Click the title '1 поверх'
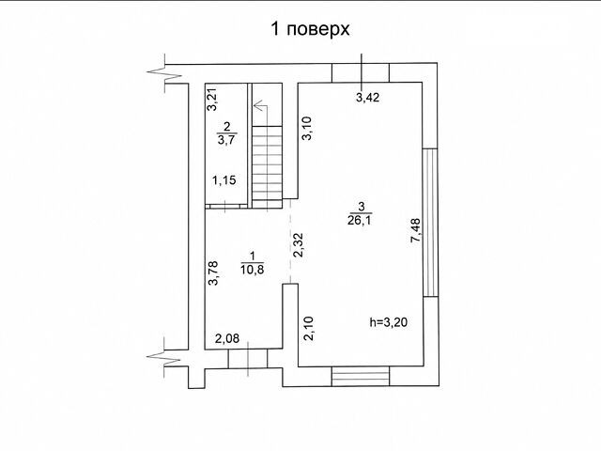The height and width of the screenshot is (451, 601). click(x=310, y=29)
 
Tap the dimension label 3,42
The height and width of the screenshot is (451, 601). click(x=367, y=98)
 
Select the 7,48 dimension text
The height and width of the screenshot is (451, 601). click(x=415, y=230)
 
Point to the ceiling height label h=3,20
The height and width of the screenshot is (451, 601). click(x=388, y=322)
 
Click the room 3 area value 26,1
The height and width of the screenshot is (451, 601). click(x=360, y=220)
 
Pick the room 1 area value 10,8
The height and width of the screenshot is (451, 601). click(x=253, y=270)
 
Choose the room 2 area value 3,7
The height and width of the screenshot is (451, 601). click(x=226, y=139)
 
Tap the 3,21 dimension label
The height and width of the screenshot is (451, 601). click(x=212, y=100)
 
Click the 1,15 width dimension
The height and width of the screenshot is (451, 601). click(x=224, y=179)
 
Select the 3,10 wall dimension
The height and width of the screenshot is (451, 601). click(x=307, y=128)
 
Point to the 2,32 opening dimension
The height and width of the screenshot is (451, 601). click(x=298, y=244)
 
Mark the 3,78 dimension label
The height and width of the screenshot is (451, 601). click(x=213, y=273)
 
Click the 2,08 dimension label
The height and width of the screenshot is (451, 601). click(x=227, y=338)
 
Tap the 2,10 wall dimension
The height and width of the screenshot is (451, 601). click(x=309, y=328)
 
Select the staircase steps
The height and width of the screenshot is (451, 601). click(x=267, y=167)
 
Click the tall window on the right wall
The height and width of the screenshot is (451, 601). click(x=430, y=223)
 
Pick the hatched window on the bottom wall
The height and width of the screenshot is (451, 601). click(x=361, y=376)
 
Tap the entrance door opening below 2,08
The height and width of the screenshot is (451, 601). click(x=248, y=359)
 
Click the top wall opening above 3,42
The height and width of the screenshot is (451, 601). click(x=361, y=73)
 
